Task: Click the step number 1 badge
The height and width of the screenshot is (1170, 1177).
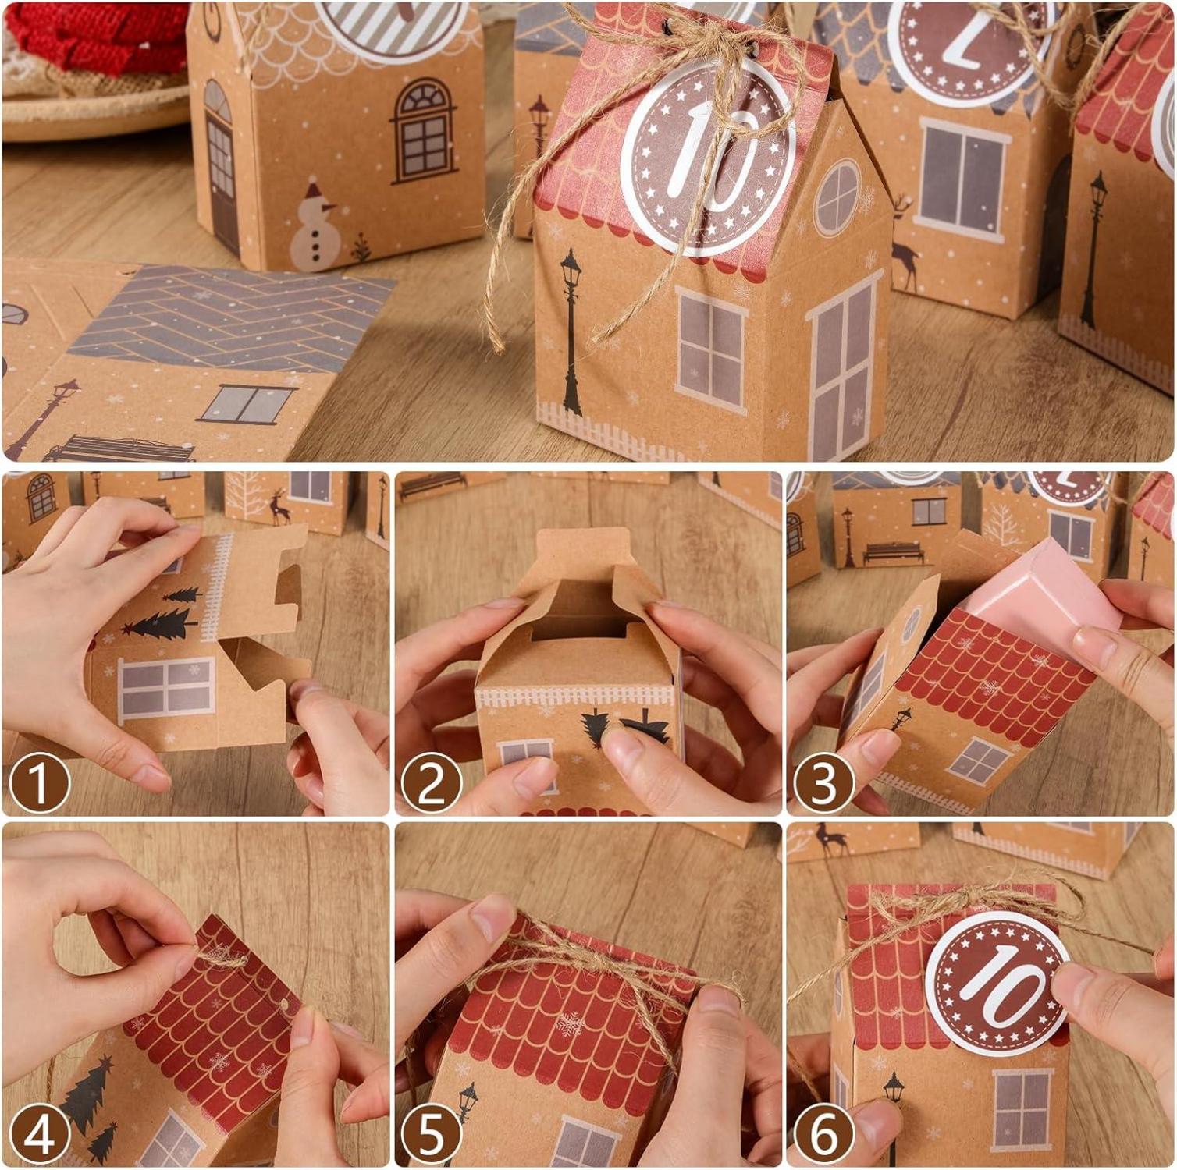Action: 40,782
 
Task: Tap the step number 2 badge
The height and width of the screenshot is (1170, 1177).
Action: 431,782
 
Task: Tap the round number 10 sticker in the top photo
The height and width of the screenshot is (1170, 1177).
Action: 708,156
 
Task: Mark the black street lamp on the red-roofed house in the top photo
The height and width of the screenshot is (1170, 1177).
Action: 571,331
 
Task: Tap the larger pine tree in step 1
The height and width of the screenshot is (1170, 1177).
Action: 160,624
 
